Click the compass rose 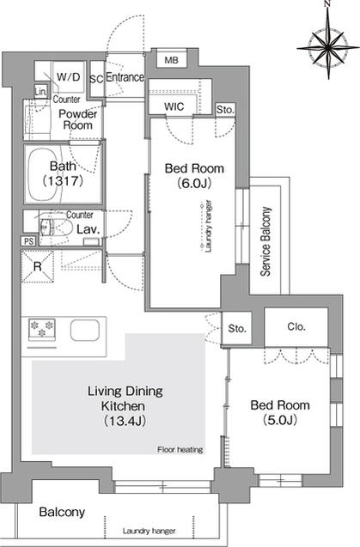pyautogui.click(x=328, y=46)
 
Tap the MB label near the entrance pyautogui.click(x=171, y=60)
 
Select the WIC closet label pyautogui.click(x=174, y=106)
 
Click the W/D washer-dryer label pyautogui.click(x=69, y=76)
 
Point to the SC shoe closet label pyautogui.click(x=96, y=80)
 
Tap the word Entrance pyautogui.click(x=125, y=77)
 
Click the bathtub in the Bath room pyautogui.click(x=45, y=174)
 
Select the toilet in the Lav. pyautogui.click(x=55, y=228)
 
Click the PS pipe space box pyautogui.click(x=28, y=241)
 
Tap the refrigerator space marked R pyautogui.click(x=37, y=266)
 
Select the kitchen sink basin pyautogui.click(x=85, y=330)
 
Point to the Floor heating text pyautogui.click(x=180, y=450)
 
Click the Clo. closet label pyautogui.click(x=296, y=327)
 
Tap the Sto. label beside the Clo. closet pyautogui.click(x=237, y=328)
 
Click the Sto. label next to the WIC pyautogui.click(x=225, y=110)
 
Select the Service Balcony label pyautogui.click(x=266, y=242)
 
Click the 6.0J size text pyautogui.click(x=194, y=183)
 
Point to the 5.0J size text pyautogui.click(x=280, y=420)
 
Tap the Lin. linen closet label pyautogui.click(x=40, y=92)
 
